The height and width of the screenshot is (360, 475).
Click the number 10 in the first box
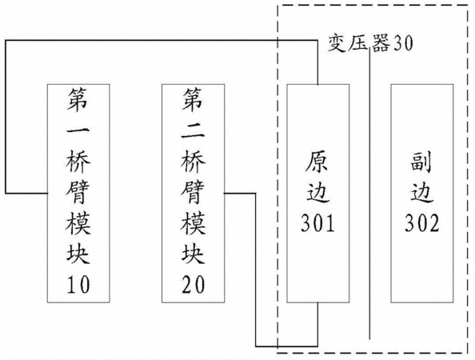78,285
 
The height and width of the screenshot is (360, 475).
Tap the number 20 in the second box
194,285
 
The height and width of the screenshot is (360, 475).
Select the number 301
317,223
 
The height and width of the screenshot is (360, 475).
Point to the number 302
422,223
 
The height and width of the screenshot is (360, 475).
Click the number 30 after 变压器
402,42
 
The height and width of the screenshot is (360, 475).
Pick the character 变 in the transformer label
337,42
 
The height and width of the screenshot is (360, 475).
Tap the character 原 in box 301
317,162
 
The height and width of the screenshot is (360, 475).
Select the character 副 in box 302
421,162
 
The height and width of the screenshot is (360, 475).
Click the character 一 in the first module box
78,131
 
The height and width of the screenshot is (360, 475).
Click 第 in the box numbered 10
78,100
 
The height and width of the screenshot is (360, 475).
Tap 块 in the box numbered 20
194,254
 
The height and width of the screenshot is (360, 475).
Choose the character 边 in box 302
422,193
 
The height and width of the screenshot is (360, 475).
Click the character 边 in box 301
317,193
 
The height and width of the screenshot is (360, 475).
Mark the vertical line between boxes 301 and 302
369,194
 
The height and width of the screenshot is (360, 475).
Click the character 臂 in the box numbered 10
78,193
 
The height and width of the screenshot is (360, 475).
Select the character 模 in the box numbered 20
194,223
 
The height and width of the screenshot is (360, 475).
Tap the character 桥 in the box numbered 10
78,162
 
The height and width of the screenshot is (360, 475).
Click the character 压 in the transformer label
359,42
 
